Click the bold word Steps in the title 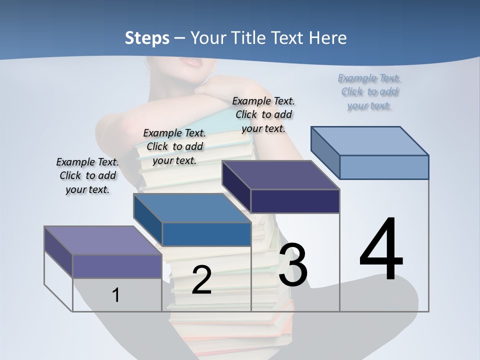147,38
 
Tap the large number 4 381,249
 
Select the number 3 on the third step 293,265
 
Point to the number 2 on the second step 201,280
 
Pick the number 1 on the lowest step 116,295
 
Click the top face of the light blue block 370,140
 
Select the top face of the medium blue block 192,208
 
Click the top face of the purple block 103,240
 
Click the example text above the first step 87,175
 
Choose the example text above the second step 174,146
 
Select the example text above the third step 263,114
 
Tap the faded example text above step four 369,91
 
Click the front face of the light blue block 384,167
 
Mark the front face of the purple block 117,266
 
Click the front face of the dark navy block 295,201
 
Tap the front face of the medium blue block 206,234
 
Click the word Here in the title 328,38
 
